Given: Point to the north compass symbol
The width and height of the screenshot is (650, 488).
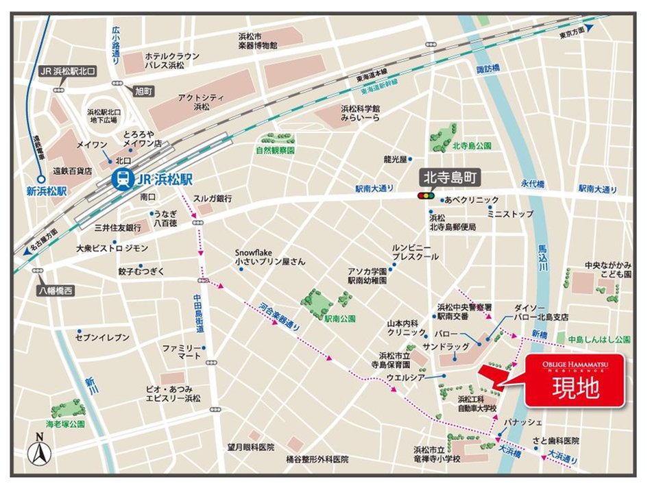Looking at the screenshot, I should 39,452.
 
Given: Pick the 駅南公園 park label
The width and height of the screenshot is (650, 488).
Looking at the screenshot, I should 340,318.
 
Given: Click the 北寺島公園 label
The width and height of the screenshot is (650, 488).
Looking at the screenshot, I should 472,147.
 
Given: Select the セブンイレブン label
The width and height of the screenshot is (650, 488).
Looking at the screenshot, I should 101,337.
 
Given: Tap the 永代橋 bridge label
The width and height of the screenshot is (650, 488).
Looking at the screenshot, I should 531,184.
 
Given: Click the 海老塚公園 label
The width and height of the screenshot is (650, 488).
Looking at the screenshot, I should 65,424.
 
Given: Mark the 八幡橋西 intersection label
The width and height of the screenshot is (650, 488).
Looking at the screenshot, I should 55,291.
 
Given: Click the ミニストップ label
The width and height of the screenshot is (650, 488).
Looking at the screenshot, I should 510,214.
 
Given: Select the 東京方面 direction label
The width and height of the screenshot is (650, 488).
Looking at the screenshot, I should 571,32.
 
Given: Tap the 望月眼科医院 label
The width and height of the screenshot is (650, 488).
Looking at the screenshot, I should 251,446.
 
